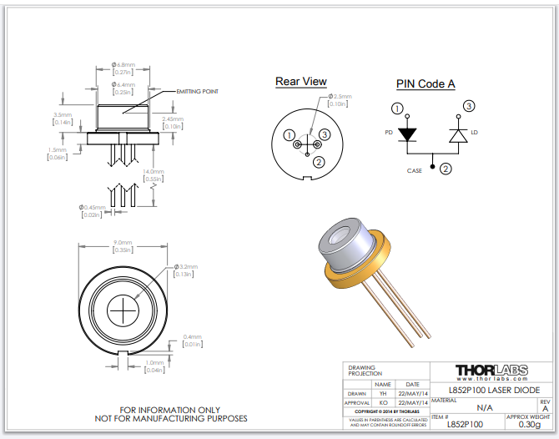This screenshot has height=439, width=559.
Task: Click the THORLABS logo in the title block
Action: pos(491,371)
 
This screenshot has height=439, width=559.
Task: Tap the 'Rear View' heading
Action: pos(301,82)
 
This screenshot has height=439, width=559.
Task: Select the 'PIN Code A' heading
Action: pos(425,84)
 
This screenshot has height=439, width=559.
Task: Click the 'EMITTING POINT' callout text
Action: pos(197,91)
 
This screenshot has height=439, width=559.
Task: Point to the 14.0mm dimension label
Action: pos(153,171)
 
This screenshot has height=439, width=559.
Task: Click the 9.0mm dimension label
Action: pos(124,244)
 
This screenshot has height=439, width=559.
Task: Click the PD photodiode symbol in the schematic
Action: pos(406,134)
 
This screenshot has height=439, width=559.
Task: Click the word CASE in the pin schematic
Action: pos(415,170)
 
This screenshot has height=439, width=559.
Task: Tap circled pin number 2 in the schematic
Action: pos(446,169)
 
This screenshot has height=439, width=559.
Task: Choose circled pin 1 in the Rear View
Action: pos(289,135)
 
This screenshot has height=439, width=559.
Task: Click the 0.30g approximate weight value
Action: pos(529,424)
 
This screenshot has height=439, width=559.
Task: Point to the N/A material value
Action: pos(484,408)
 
